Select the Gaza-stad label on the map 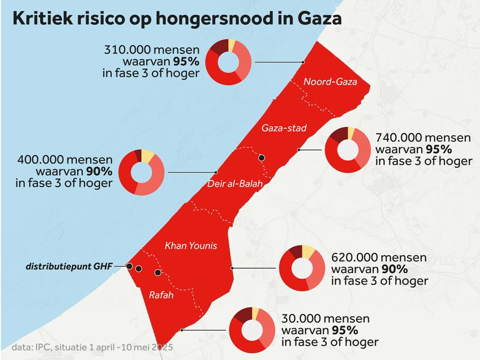pos(284,128)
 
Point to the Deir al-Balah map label pos(235,184)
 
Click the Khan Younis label pos(191,246)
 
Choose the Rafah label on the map pos(161,295)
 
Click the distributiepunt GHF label pos(69,266)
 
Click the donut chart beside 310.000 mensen pos(229,62)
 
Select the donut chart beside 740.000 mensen pos(348,149)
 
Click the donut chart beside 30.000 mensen pos(252,330)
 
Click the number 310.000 pos(126,49)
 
